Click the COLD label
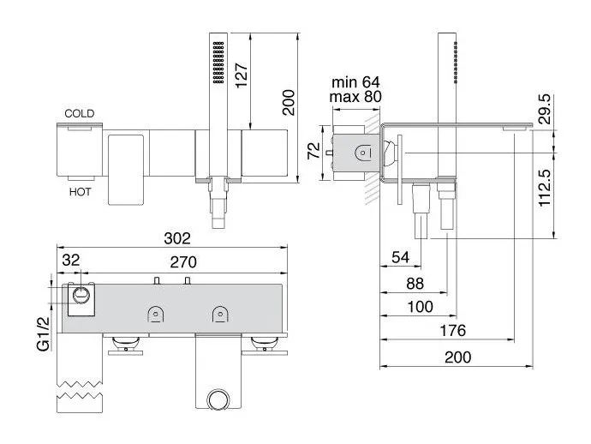point(79,113)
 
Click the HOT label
point(80,192)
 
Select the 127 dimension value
point(242,75)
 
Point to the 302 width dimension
point(177,238)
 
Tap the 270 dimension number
point(183,261)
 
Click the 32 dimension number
point(71,260)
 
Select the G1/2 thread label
point(44,333)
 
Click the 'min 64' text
point(355,82)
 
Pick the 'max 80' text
point(355,97)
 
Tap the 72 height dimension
point(313,151)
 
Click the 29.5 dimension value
point(545,109)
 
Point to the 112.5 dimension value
point(545,188)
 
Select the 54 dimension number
point(400,257)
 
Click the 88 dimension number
point(415,284)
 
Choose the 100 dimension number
point(421,307)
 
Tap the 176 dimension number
point(453,331)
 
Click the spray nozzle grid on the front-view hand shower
point(218,63)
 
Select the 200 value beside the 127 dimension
point(289,102)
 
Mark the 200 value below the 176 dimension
point(457,357)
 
